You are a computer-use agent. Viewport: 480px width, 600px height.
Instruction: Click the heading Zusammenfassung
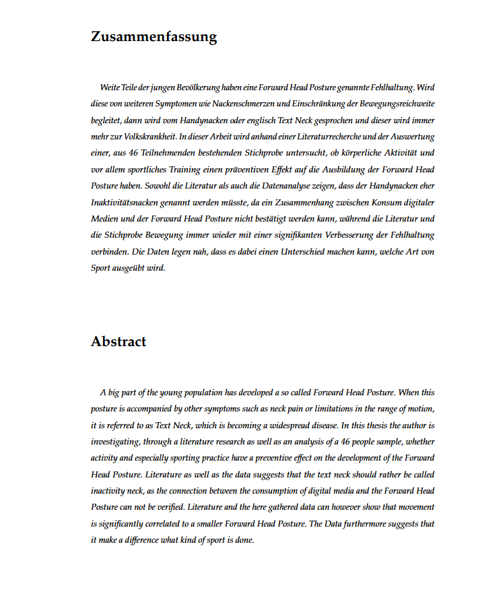153,37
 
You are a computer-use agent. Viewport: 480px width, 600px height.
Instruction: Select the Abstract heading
118,341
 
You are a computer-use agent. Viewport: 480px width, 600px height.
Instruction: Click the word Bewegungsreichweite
399,104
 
